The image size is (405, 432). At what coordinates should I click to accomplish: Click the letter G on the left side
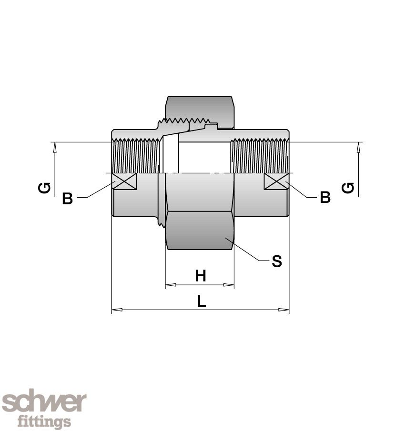click(x=44, y=188)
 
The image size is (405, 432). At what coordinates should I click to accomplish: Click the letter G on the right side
click(x=348, y=188)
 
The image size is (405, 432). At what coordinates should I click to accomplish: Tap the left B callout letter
click(x=68, y=198)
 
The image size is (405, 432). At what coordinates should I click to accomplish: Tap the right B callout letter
click(x=325, y=197)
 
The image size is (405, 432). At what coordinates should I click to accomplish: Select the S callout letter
click(x=277, y=261)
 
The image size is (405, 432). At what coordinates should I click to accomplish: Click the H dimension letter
click(x=201, y=276)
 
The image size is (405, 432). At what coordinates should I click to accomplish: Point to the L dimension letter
click(x=202, y=301)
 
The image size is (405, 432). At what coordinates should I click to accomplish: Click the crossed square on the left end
click(x=124, y=181)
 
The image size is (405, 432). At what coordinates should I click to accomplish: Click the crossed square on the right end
click(x=276, y=181)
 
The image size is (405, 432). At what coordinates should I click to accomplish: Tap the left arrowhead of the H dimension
click(x=171, y=285)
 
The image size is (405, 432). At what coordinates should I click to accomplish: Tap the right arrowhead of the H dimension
click(x=229, y=285)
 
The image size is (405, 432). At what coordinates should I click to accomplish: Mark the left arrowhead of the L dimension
click(x=117, y=310)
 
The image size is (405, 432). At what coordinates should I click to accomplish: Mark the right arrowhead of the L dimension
click(x=283, y=310)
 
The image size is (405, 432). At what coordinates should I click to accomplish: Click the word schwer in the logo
click(x=44, y=402)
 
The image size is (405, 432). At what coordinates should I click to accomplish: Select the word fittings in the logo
click(x=44, y=421)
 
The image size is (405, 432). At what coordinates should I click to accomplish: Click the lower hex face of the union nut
click(x=200, y=231)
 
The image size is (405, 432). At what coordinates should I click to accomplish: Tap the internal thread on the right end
click(x=260, y=156)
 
